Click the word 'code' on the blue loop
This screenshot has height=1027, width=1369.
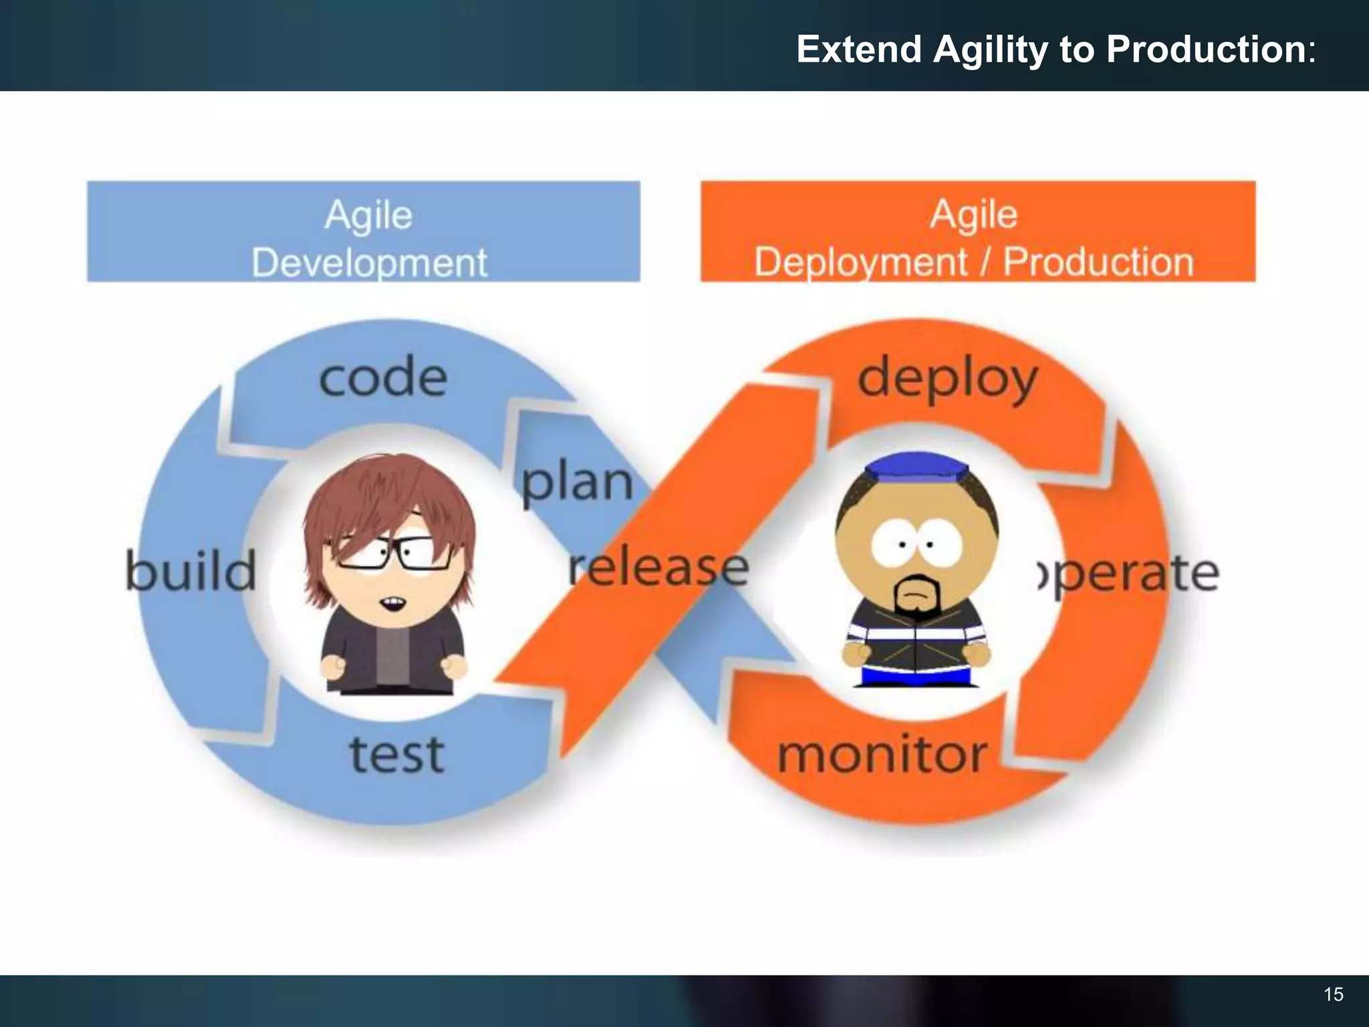click(x=383, y=378)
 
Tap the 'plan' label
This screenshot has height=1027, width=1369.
click(x=576, y=483)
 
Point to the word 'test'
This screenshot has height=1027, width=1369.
click(x=397, y=754)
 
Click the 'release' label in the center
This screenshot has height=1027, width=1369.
click(x=658, y=568)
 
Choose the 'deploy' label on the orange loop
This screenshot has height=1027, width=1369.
click(x=947, y=380)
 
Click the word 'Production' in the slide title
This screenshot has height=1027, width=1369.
click(x=1206, y=49)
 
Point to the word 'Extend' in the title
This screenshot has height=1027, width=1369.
click(x=859, y=49)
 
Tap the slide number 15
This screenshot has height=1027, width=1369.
click(x=1333, y=995)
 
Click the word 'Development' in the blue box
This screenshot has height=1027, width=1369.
click(x=369, y=262)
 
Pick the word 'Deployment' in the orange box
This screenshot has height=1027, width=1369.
click(x=860, y=261)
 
